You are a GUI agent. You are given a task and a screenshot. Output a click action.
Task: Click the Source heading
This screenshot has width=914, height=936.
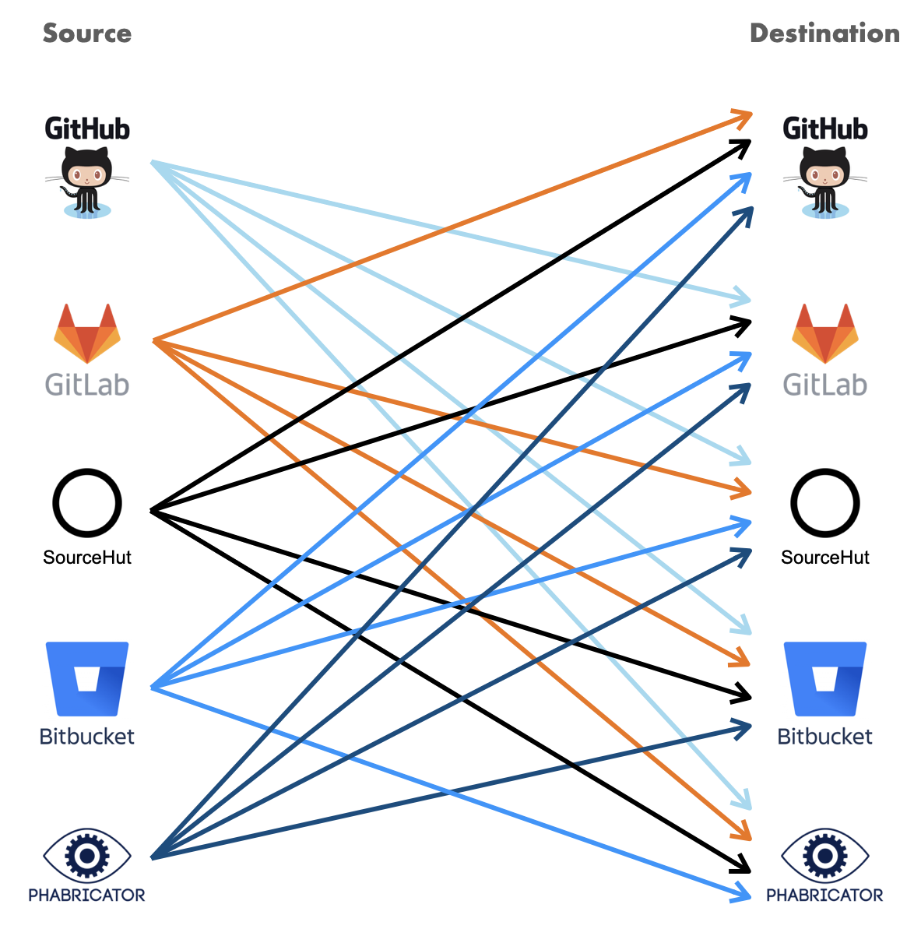[86, 33]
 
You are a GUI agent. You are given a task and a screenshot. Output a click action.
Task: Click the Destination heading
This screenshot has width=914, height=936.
[824, 33]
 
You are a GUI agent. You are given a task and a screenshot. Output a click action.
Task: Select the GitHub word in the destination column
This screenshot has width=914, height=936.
[824, 128]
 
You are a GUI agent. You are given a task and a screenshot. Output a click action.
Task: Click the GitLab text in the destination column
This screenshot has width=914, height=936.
[824, 385]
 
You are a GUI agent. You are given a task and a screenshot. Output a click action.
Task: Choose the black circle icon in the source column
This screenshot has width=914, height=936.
[87, 503]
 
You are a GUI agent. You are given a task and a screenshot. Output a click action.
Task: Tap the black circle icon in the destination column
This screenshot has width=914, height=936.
[824, 503]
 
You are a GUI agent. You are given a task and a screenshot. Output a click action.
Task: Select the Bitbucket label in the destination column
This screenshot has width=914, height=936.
[824, 737]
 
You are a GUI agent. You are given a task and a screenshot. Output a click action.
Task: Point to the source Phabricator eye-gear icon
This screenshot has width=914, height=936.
[87, 854]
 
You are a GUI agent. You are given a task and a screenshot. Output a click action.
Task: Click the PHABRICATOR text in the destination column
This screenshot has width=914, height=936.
[824, 896]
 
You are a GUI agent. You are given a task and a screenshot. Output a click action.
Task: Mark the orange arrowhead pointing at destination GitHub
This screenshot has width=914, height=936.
[744, 117]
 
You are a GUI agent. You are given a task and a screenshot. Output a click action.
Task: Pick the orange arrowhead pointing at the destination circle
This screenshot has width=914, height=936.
[743, 491]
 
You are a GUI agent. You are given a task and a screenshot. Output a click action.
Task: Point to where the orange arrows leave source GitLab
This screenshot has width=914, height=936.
[155, 341]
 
